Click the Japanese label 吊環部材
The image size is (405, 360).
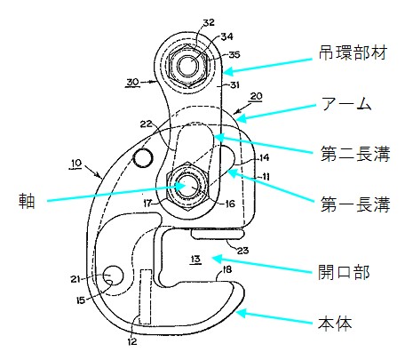coord(353,53)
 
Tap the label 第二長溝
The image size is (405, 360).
coord(355,154)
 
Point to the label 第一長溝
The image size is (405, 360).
coord(355,204)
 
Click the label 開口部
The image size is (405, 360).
coord(344,272)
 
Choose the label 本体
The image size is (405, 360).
coord(335,323)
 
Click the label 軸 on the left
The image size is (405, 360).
coord(27,201)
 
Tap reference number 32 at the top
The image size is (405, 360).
coord(209,22)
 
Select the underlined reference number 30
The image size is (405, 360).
coord(132,82)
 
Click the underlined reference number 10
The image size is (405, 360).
coord(76,163)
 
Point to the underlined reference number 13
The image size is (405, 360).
coord(195,260)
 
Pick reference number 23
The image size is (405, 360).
coord(242,251)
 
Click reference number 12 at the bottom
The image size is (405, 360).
coord(132,341)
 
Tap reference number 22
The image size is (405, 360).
coord(146,124)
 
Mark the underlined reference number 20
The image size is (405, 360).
coord(257,96)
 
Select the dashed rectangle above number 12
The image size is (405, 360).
coord(146,297)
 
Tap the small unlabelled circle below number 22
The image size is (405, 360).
coord(143,158)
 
